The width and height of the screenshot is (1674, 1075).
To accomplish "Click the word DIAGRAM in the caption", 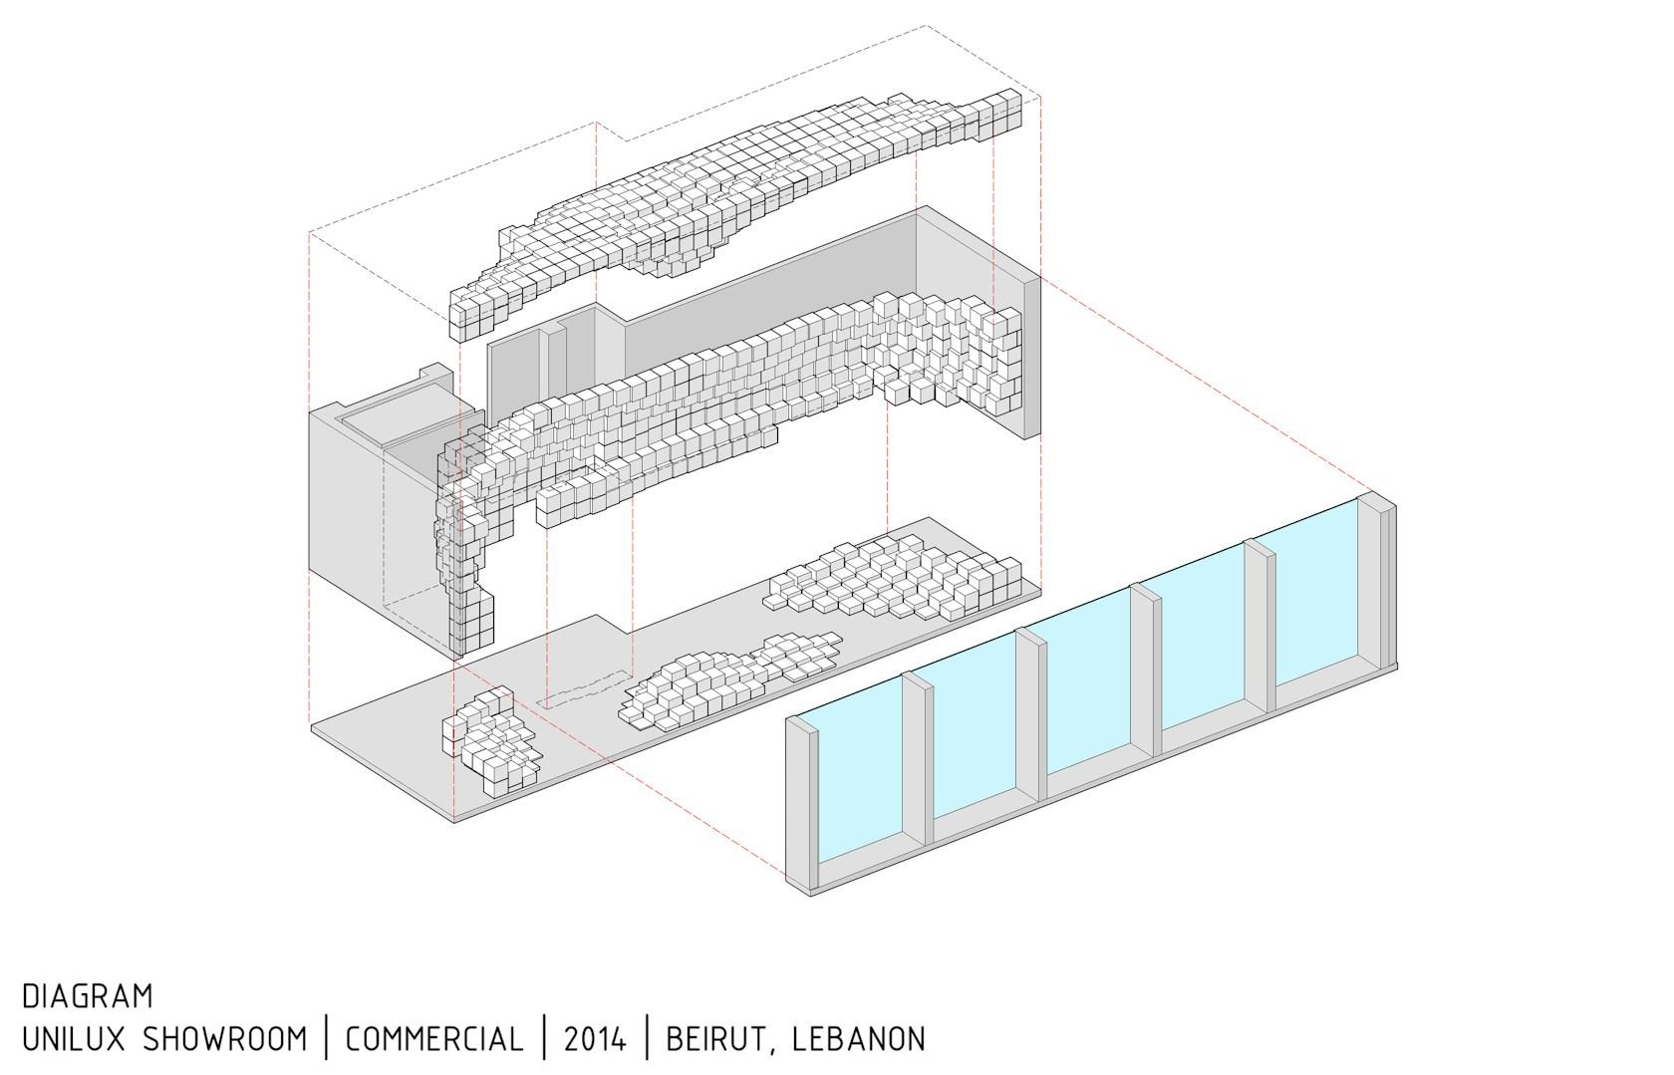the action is tap(88, 996).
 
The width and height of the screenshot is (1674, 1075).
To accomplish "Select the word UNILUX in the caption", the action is tap(74, 1038).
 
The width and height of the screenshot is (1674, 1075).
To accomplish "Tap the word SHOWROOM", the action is tap(225, 1038).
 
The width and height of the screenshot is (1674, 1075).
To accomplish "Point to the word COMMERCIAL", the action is tap(434, 1038).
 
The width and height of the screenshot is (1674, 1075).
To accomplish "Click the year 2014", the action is tap(595, 1038).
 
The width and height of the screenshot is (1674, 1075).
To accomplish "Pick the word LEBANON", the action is tap(859, 1038).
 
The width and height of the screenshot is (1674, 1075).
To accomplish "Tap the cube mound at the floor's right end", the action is tap(893, 577).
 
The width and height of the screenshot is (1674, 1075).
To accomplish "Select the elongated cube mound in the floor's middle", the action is tap(728, 678).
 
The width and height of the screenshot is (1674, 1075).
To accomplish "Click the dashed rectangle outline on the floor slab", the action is tap(583, 688).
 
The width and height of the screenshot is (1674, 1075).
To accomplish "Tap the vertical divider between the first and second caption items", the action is tap(327, 1037).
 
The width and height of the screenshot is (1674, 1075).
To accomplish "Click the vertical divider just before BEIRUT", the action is tap(648, 1037).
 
